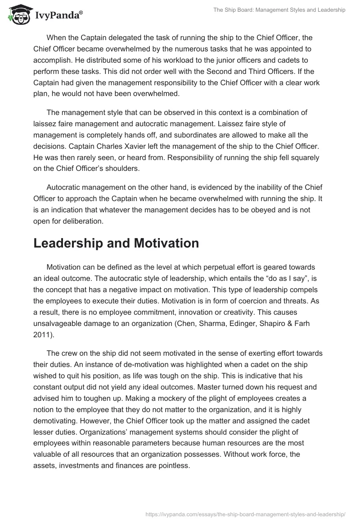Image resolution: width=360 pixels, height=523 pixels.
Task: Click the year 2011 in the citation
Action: point(42,323)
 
